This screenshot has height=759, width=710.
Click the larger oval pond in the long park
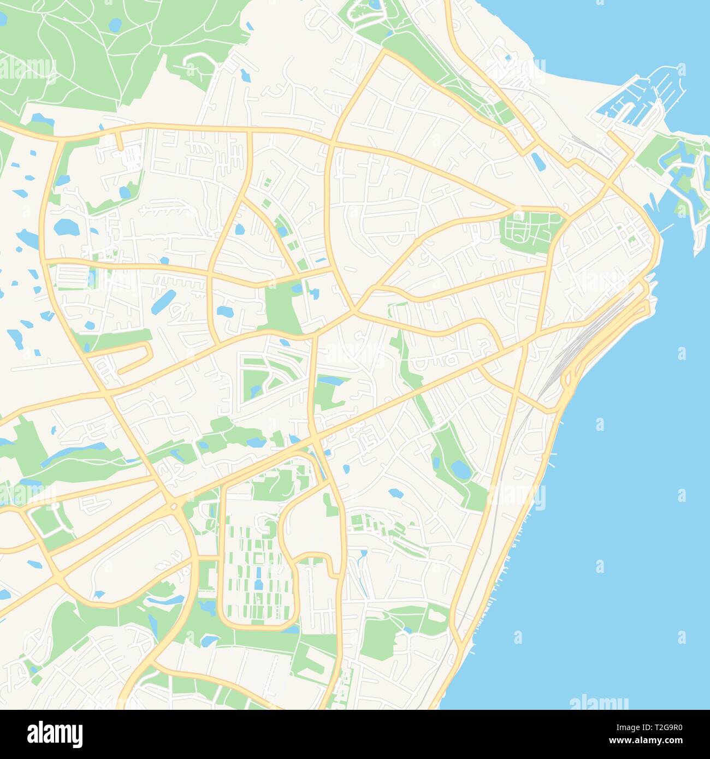(460, 469)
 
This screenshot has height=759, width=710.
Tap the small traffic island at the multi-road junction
(174, 507)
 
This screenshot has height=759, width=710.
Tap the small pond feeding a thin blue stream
(364, 554)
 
